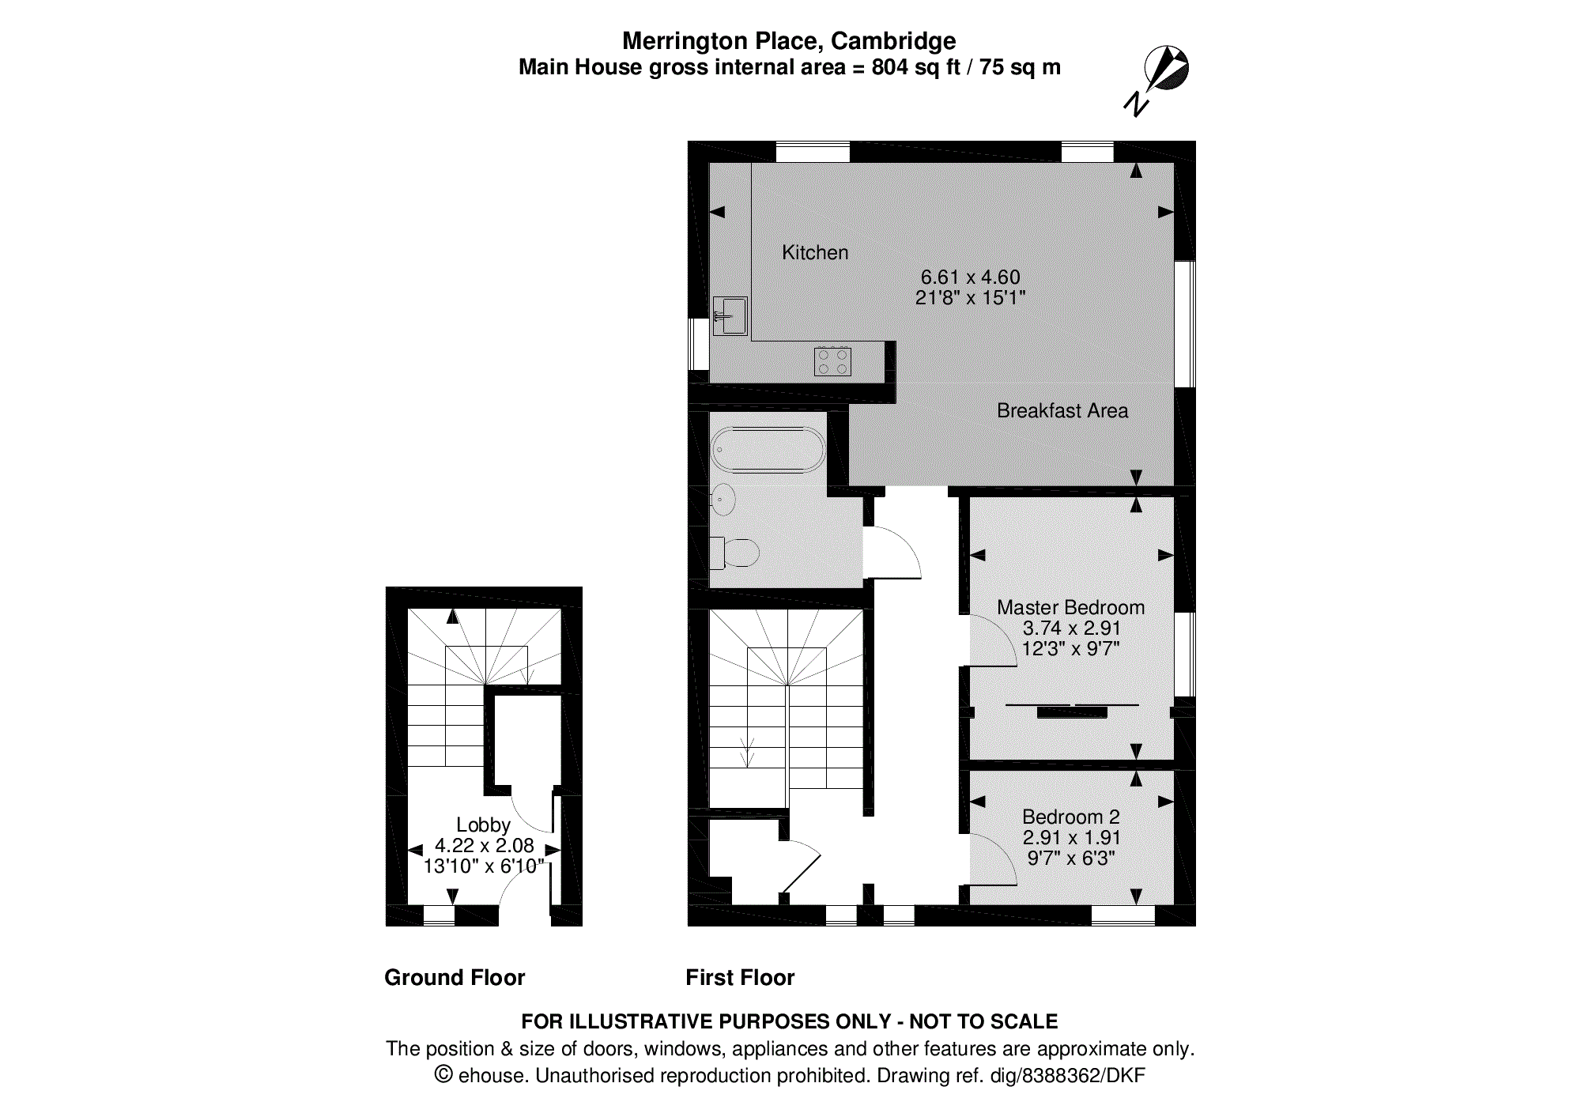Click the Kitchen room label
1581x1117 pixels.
(815, 253)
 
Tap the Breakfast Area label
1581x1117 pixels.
(1062, 411)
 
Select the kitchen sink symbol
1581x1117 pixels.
(730, 316)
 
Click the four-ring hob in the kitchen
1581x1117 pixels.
(832, 361)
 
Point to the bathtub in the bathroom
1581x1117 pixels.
(768, 449)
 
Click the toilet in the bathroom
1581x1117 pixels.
(737, 553)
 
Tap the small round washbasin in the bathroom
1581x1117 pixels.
(723, 500)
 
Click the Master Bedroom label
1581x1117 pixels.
(1070, 607)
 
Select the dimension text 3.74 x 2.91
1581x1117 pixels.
(1071, 628)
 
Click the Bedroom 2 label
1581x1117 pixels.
(1070, 817)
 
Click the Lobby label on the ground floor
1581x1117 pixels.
(483, 825)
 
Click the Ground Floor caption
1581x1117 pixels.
(455, 978)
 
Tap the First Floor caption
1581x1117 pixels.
(740, 978)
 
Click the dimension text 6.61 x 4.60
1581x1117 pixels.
(970, 277)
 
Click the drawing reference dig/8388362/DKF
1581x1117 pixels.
(1067, 1076)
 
